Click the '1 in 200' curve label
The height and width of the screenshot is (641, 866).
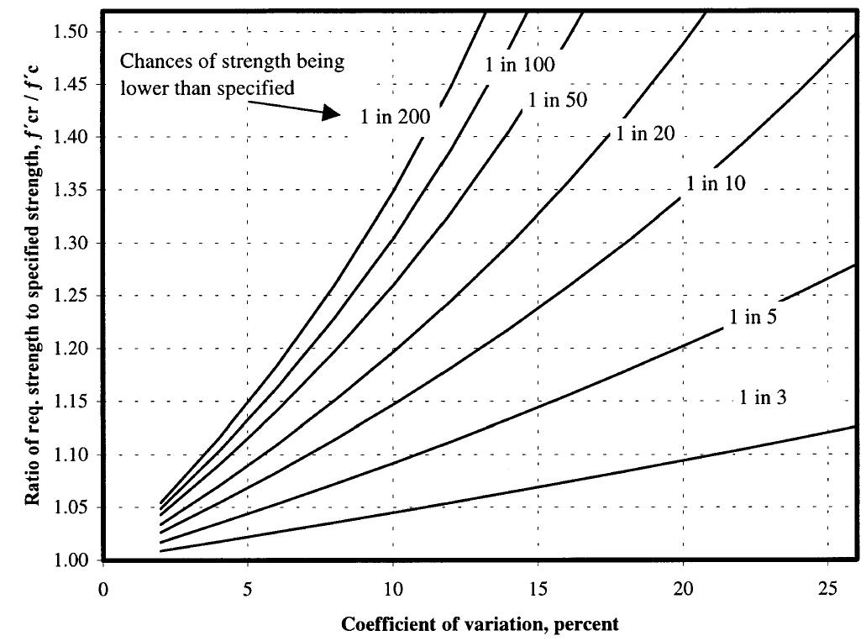395,118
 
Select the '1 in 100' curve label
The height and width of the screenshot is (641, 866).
520,65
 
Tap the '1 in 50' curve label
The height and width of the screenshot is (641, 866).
557,100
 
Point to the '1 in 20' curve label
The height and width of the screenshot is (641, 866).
646,134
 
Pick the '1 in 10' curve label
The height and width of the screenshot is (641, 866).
716,184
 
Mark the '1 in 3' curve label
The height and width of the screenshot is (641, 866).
763,397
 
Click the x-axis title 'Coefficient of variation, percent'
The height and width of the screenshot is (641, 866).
480,624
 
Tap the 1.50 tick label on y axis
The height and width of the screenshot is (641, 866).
74,31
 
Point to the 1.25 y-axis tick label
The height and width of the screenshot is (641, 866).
74,296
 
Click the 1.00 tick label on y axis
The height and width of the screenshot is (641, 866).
74,560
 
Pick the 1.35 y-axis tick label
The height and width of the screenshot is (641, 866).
74,190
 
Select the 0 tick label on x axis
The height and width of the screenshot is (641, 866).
102,589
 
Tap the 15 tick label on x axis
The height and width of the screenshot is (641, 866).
538,589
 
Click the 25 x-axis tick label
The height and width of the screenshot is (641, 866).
828,589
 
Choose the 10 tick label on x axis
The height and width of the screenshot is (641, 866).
393,589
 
